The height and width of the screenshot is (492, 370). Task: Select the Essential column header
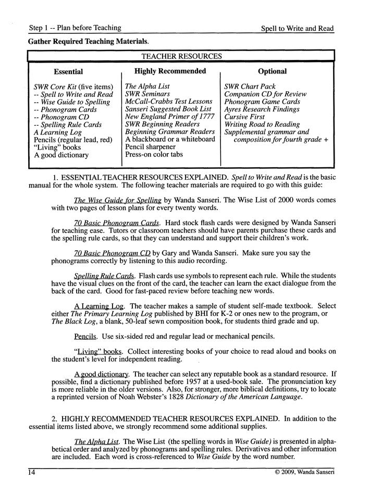68,72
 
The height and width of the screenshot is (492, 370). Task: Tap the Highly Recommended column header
170,71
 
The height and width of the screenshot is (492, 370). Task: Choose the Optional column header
272,71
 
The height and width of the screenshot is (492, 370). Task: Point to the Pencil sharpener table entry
150,147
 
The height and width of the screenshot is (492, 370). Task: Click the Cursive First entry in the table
244,117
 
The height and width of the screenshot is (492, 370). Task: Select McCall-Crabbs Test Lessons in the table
168,102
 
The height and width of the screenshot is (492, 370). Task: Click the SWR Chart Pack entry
250,87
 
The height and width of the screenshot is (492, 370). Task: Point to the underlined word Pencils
86,336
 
